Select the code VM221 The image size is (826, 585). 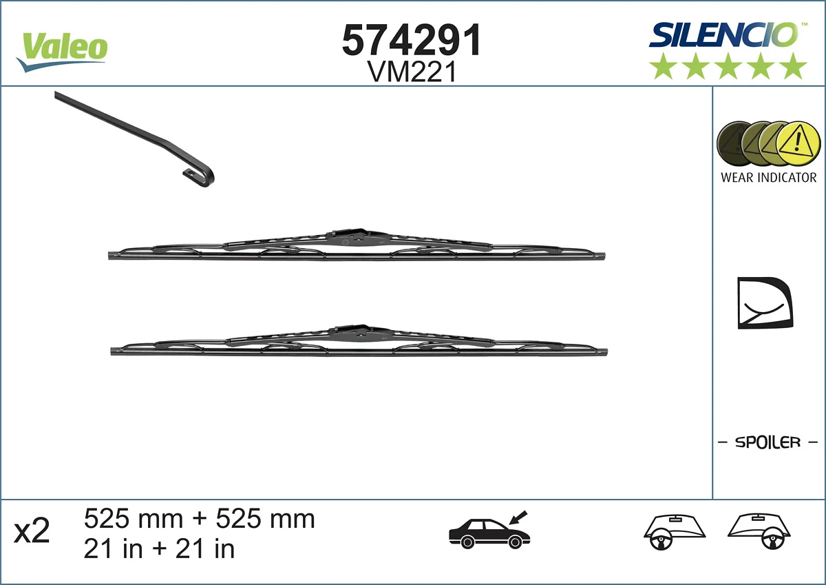(x=412, y=72)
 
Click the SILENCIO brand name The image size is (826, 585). (x=723, y=34)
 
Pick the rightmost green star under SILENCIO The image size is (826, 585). (x=793, y=66)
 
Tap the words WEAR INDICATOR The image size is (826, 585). (x=768, y=178)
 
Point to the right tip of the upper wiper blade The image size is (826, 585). (x=602, y=256)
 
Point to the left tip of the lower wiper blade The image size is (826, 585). (x=114, y=351)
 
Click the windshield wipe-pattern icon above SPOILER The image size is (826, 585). (x=765, y=303)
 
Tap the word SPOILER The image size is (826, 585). (x=767, y=442)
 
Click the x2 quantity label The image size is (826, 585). (x=32, y=531)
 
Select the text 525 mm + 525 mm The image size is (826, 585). (x=199, y=518)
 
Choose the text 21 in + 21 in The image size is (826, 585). (x=159, y=549)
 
